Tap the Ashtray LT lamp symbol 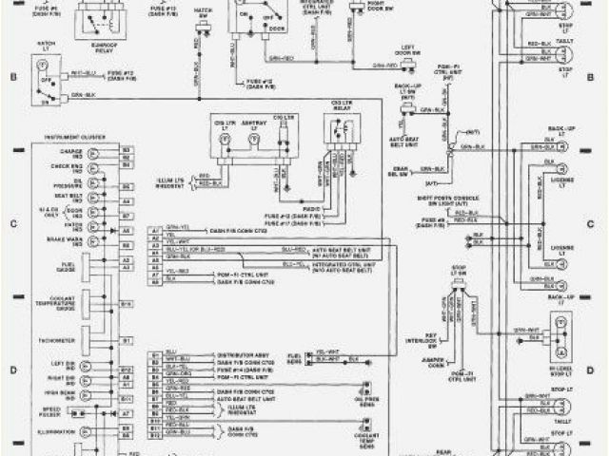253,139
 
